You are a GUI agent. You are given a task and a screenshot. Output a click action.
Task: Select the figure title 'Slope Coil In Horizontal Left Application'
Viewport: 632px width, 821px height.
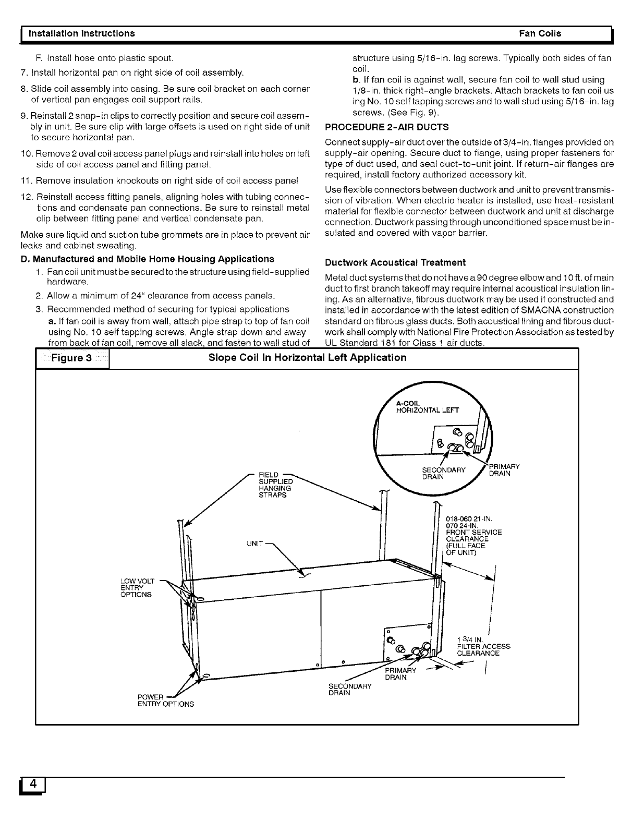(307, 358)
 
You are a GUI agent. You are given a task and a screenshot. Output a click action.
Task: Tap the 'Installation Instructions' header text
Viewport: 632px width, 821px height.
(81, 33)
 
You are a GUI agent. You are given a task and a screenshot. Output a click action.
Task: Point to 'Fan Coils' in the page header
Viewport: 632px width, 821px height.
(540, 33)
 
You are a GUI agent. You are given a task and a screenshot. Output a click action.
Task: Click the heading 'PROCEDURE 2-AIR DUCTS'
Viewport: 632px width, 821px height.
(386, 127)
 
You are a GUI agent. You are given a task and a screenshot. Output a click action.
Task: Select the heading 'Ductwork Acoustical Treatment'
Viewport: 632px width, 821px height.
(395, 262)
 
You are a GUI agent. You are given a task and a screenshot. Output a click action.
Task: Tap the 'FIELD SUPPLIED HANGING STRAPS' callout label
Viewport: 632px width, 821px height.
(276, 485)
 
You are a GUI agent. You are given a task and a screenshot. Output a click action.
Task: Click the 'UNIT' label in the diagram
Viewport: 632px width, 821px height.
(254, 544)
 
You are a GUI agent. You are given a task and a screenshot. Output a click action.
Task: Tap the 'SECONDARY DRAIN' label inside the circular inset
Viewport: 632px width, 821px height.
(443, 474)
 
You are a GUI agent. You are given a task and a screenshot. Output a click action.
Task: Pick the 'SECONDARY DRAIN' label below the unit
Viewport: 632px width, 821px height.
(350, 689)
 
